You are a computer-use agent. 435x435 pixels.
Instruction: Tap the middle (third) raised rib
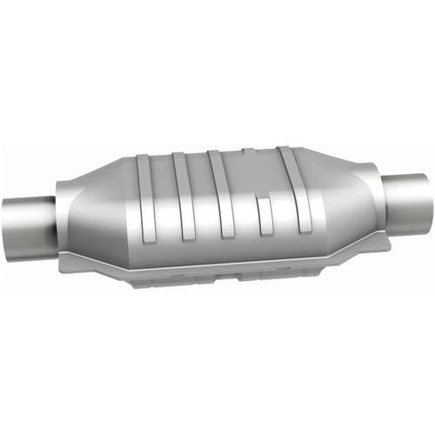222,193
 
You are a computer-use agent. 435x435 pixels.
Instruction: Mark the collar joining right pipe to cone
383,188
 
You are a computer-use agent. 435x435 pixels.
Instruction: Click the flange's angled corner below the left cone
104,265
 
